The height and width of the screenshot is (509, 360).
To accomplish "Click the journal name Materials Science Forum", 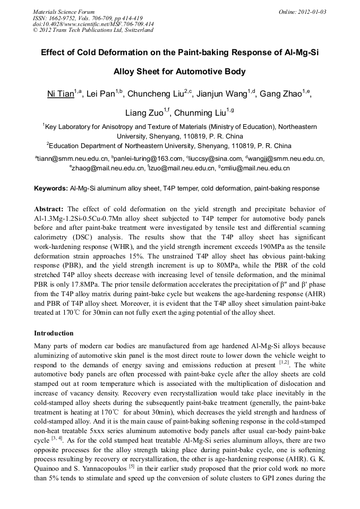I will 64,12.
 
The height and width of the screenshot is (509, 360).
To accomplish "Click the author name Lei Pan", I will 102,95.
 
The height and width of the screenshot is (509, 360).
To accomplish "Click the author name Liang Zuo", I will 144,114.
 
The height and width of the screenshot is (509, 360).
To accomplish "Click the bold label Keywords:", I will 51,188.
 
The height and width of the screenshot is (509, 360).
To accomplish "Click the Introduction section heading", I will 54,333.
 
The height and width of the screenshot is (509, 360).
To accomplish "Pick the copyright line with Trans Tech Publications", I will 93,30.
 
